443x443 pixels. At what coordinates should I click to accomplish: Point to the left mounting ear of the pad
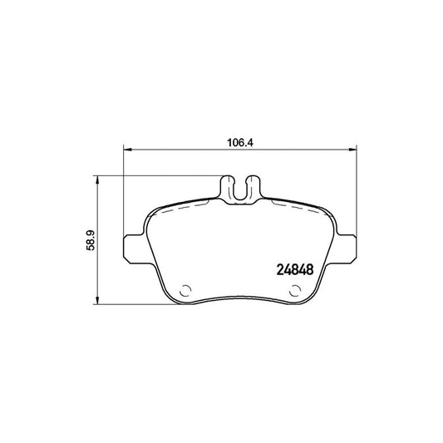pos(133,247)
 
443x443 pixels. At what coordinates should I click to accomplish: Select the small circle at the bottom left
pos(186,293)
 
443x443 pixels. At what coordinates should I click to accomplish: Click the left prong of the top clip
pos(227,186)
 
